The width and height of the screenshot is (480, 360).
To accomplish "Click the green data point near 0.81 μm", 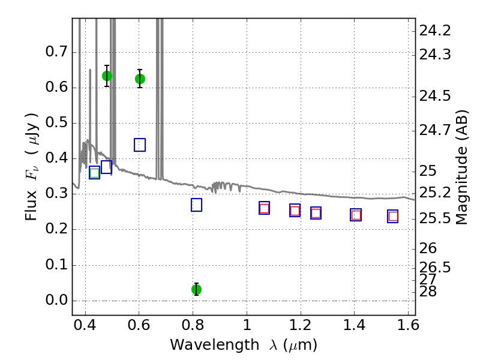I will [196, 289].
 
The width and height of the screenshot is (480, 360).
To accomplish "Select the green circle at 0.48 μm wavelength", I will [107, 76].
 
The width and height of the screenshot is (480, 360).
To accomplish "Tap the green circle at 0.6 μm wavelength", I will [140, 79].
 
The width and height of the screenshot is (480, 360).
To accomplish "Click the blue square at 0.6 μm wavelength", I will [140, 145].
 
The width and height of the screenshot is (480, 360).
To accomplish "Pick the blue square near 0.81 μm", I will [196, 205].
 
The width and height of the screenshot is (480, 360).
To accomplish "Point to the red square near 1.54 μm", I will [393, 217].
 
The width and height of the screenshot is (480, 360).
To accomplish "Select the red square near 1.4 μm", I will [356, 215].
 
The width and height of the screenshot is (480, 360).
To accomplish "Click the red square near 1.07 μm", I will [264, 208].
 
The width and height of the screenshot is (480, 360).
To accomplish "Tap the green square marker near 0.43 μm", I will [94, 173].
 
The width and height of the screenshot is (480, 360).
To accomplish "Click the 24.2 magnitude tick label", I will [436, 30].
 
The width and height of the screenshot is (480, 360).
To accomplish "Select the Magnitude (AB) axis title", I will [462, 167].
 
